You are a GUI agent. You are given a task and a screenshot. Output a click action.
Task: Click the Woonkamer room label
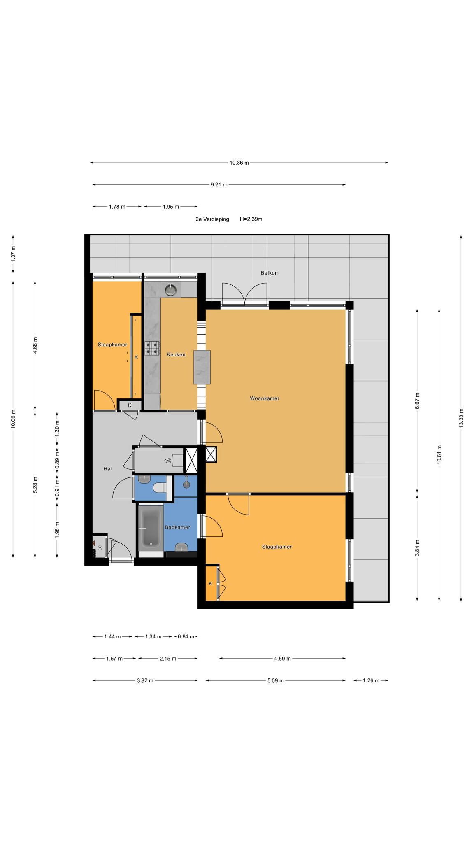click(265, 398)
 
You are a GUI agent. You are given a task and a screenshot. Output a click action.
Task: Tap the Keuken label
click(176, 354)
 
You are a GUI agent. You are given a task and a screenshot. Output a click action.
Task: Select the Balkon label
click(269, 273)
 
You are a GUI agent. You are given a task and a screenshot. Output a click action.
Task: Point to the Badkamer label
click(177, 527)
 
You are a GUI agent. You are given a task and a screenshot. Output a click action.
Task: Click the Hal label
click(108, 468)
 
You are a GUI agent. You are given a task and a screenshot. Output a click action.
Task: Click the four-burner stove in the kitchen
click(152, 348)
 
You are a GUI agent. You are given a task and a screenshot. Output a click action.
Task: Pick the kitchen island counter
click(202, 367)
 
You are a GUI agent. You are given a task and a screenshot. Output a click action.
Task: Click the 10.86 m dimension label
click(239, 163)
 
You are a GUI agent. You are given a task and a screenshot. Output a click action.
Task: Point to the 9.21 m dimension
click(219, 185)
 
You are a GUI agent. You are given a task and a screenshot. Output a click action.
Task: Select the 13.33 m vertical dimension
click(461, 418)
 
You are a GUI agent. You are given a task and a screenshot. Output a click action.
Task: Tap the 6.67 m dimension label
click(417, 401)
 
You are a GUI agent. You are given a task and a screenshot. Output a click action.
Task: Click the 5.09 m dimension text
click(275, 680)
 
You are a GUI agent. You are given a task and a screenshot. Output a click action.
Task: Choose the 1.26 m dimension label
click(371, 680)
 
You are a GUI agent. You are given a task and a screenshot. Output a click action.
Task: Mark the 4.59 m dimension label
click(282, 659)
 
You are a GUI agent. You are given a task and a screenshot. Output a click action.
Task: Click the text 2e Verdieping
click(212, 219)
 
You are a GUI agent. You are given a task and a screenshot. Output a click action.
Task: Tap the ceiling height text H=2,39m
click(251, 219)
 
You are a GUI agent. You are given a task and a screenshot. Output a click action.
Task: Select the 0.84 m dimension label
click(186, 636)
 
